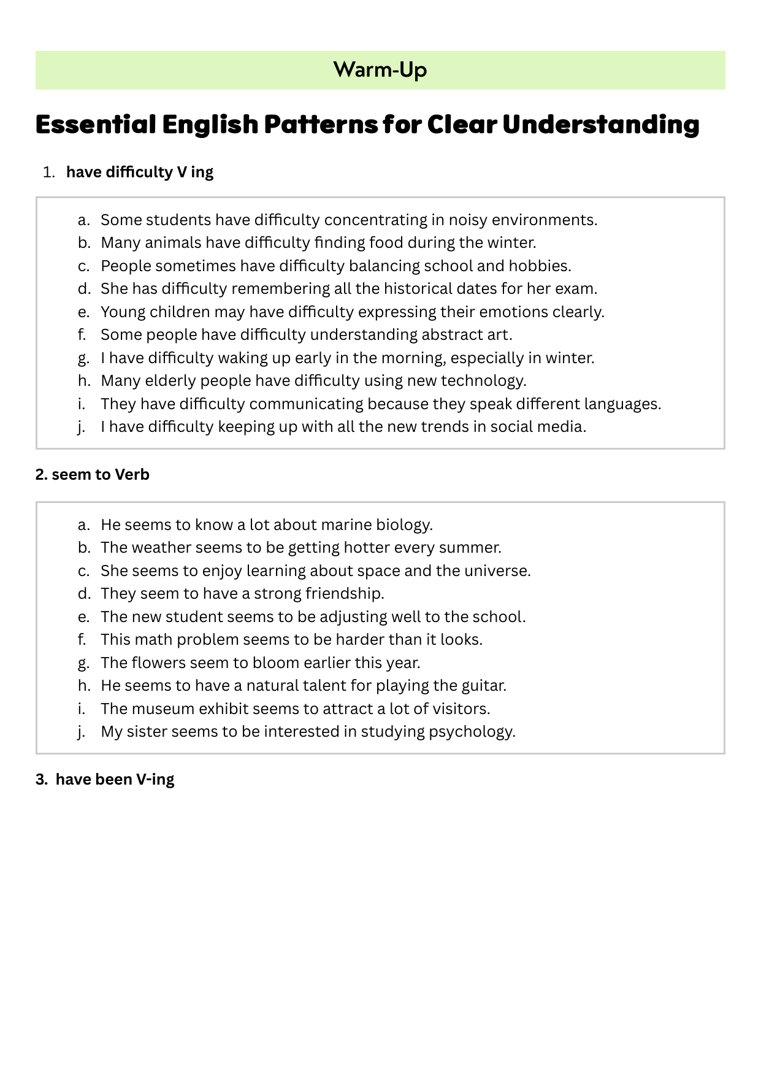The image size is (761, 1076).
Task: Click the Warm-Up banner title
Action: (380, 70)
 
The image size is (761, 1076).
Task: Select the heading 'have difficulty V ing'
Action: (140, 172)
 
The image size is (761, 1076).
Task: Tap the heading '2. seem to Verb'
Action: (93, 475)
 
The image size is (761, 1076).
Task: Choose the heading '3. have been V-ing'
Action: (105, 779)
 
